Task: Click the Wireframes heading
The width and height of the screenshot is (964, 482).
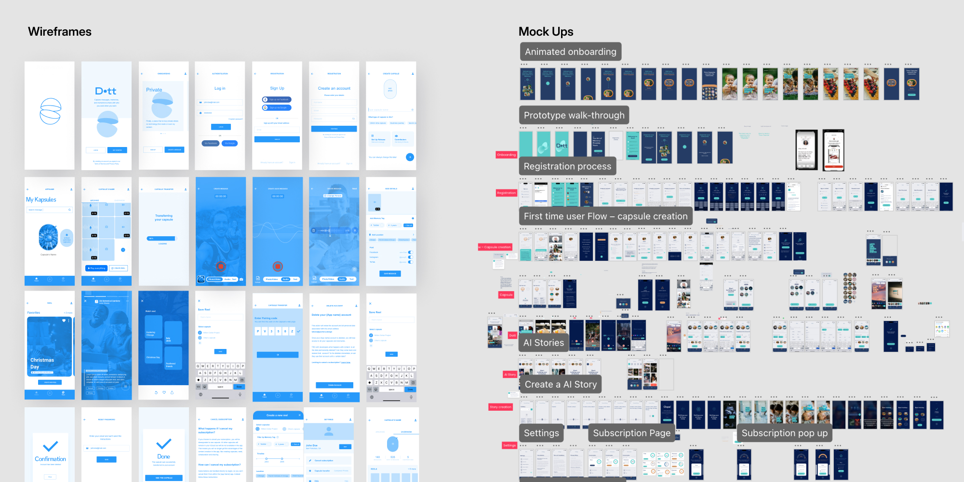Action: [60, 32]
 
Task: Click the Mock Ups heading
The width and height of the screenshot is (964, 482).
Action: [546, 32]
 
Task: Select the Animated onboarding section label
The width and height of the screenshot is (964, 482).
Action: [570, 52]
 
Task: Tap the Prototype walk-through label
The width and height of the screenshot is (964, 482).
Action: [574, 115]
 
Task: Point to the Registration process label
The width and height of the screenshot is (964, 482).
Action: [567, 166]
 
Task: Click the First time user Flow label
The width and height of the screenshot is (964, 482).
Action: [605, 216]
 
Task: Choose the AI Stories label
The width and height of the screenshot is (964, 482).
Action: [543, 343]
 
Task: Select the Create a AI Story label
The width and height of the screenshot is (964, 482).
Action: [561, 384]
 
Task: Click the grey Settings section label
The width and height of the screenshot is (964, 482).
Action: [541, 433]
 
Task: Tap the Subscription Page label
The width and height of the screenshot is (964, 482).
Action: [631, 433]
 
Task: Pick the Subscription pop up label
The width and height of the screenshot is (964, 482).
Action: [784, 433]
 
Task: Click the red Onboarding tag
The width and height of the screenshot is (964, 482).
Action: [506, 155]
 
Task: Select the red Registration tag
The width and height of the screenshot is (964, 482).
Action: [506, 193]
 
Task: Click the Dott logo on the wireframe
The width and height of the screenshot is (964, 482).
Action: [106, 91]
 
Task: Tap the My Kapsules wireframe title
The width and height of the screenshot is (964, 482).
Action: [41, 200]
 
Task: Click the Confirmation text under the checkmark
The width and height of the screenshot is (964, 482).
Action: [50, 459]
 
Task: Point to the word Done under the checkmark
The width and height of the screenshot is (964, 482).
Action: [163, 456]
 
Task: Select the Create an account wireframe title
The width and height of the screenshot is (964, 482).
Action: [334, 88]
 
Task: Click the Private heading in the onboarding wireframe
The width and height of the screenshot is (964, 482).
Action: [154, 90]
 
